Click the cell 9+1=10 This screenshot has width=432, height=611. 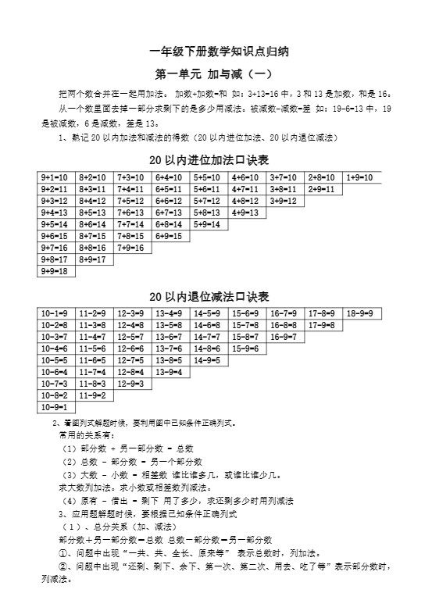pyautogui.click(x=56, y=178)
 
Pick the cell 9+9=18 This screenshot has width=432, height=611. pyautogui.click(x=56, y=271)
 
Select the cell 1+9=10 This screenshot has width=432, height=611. pyautogui.click(x=361, y=178)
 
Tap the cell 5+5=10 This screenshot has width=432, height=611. pyautogui.click(x=209, y=178)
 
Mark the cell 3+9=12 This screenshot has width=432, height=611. pyautogui.click(x=284, y=201)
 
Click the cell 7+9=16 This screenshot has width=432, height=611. pyautogui.click(x=132, y=248)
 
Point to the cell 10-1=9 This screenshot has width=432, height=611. pyautogui.click(x=56, y=313)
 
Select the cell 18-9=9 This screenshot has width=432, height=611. pyautogui.click(x=361, y=313)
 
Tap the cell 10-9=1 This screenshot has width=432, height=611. pyautogui.click(x=56, y=407)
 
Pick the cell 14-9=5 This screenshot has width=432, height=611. pyautogui.click(x=209, y=360)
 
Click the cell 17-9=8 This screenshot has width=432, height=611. pyautogui.click(x=323, y=325)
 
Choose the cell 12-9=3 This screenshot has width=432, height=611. pyautogui.click(x=132, y=384)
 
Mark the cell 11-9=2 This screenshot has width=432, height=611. pyautogui.click(x=94, y=395)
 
